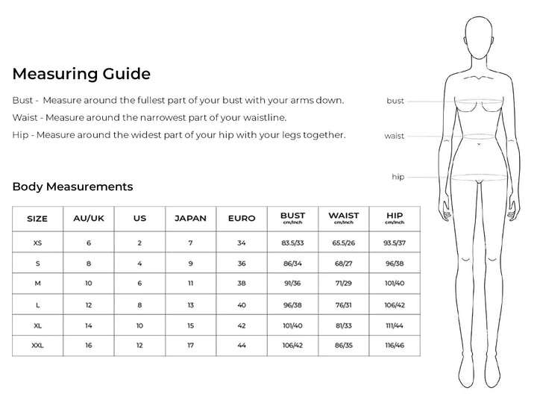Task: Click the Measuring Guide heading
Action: pos(81,74)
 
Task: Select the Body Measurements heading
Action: pos(72,187)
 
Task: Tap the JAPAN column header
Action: pos(190,219)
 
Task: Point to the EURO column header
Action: pos(241,219)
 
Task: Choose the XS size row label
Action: pos(37,243)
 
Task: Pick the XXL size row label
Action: pos(37,346)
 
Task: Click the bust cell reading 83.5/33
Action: pos(292,243)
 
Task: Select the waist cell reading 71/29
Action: pos(343,284)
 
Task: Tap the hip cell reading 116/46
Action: pos(395,346)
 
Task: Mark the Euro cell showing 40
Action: pos(241,304)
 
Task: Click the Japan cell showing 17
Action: pos(190,346)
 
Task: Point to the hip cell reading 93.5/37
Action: pos(395,243)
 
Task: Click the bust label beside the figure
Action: pos(395,101)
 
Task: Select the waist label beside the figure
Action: pos(395,137)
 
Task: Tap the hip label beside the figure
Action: pos(398,177)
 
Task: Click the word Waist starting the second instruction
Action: pos(25,118)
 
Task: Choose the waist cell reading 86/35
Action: pos(343,346)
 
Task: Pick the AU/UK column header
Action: pos(88,219)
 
